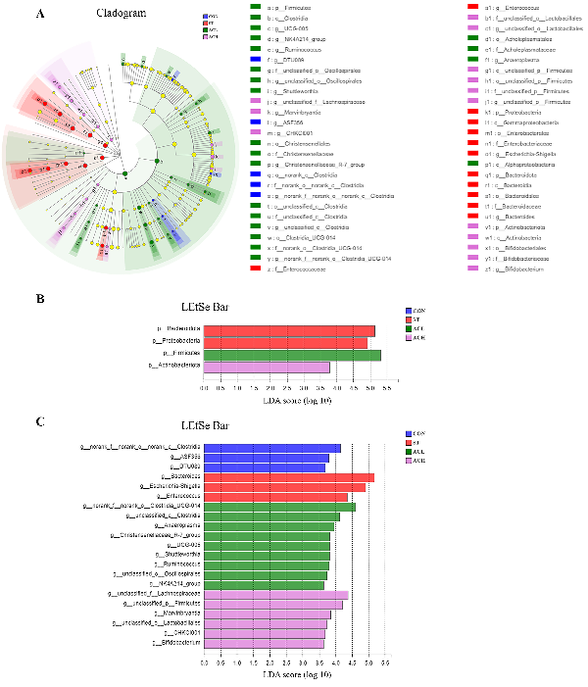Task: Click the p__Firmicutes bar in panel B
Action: coord(292,355)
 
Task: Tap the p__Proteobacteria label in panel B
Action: coord(174,342)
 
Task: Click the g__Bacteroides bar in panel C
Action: coord(289,477)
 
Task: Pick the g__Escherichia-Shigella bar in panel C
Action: coord(284,487)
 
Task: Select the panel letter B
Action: coord(39,293)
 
